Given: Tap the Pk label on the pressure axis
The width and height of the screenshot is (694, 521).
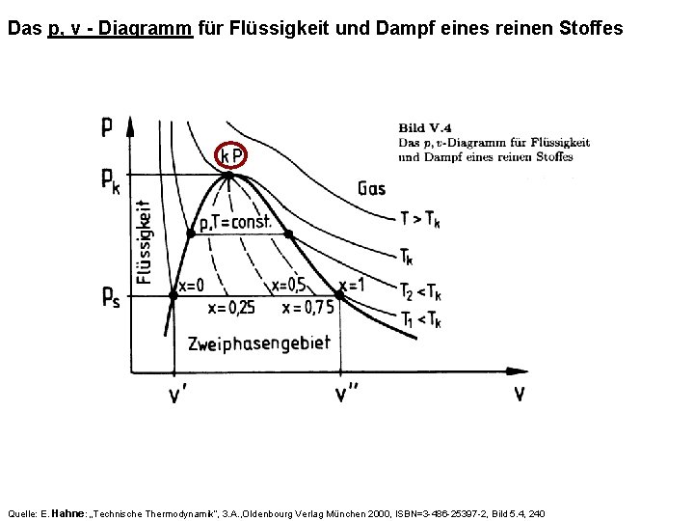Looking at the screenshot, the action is click(x=110, y=180).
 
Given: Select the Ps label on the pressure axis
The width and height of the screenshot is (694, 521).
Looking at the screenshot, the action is click(x=110, y=298).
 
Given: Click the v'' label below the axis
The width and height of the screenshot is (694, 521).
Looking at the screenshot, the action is click(x=345, y=395).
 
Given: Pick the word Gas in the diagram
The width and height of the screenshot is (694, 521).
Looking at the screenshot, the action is click(x=372, y=187).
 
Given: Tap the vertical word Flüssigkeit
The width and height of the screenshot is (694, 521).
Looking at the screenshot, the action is click(x=145, y=241).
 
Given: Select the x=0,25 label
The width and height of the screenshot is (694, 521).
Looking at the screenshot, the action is click(x=232, y=308).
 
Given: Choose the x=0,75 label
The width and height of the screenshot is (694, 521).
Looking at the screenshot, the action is click(x=306, y=308).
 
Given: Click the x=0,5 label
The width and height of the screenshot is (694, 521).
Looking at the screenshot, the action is click(x=291, y=286).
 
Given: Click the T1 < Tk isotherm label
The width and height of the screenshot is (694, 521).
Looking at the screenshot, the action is click(x=420, y=321).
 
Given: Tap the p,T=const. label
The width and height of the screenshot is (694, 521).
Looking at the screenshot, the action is click(x=240, y=223).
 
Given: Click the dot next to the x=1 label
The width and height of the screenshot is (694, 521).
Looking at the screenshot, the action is click(x=339, y=295).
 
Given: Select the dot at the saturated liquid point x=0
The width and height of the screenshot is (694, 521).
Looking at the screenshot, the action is click(x=173, y=296).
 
